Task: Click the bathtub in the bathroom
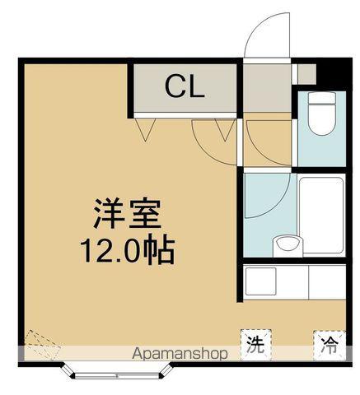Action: click(322, 216)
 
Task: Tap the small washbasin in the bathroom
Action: click(286, 243)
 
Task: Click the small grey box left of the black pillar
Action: click(306, 75)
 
